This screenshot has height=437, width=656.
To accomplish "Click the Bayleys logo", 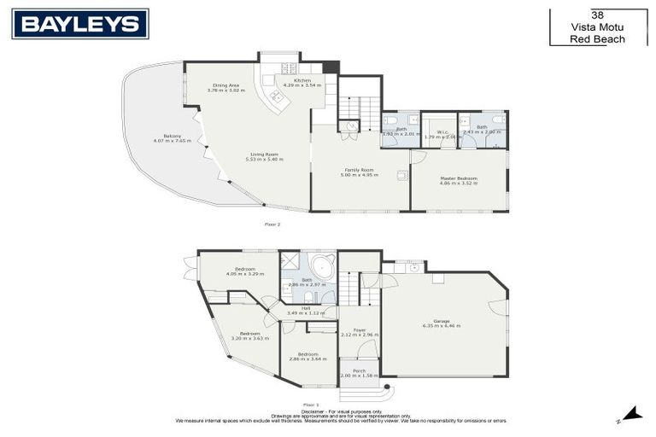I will (80, 24).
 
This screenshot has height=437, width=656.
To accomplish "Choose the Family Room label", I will (360, 170).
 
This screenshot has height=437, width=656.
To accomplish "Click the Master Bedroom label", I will (459, 178).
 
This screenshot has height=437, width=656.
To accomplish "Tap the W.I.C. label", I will (442, 131).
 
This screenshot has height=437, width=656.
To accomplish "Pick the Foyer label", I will (360, 330).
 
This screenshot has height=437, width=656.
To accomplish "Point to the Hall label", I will (304, 309).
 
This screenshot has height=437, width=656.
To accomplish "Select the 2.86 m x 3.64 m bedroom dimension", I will (303, 358).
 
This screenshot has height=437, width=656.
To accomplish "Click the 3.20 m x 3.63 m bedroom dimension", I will (249, 338).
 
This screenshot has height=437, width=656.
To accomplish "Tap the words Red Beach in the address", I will (598, 39).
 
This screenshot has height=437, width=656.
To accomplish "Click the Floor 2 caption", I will (273, 224).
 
